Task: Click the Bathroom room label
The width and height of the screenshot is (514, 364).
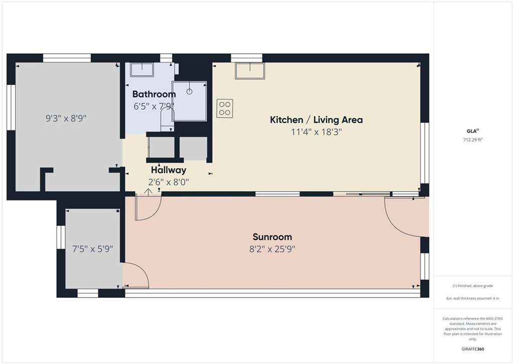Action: click(154, 94)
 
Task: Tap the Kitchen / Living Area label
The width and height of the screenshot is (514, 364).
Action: click(316, 120)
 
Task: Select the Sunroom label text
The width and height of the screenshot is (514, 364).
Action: click(272, 237)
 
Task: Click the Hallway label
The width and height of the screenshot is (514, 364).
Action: click(169, 170)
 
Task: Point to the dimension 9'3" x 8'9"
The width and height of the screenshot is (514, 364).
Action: click(66, 119)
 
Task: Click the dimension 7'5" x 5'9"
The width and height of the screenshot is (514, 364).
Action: click(92, 248)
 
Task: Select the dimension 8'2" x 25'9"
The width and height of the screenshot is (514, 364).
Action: click(273, 249)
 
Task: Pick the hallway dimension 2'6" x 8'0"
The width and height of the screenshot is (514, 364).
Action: click(169, 181)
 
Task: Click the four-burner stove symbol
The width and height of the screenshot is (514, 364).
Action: click(225, 108)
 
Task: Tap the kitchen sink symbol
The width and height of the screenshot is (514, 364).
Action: click(249, 71)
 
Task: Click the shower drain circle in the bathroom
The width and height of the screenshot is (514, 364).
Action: click(190, 92)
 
